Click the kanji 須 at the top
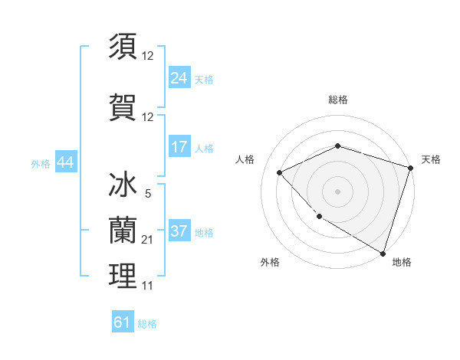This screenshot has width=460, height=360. click(123, 47)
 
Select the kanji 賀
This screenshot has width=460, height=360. click(123, 106)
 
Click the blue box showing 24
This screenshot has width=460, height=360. click(179, 77)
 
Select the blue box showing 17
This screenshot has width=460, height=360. click(179, 147)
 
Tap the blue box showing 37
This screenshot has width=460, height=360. click(179, 231)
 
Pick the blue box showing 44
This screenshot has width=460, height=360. click(65, 162)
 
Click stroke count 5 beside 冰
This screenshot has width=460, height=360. click(147, 195)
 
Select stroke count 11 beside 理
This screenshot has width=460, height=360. click(148, 286)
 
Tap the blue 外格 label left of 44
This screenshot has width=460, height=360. click(41, 163)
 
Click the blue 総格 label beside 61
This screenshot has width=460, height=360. click(147, 324)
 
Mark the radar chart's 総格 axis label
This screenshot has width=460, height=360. click(337, 100)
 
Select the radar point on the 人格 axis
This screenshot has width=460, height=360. click(280, 172)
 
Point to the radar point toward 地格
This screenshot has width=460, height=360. click(381, 252)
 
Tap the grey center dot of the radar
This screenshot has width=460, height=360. click(337, 191)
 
